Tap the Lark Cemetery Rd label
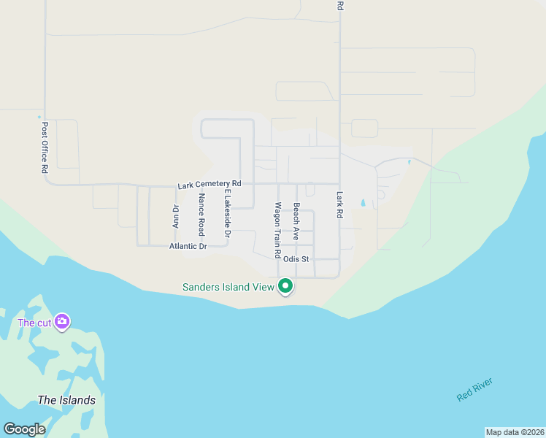click(209, 185)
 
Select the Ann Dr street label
click(175, 217)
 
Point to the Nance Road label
click(201, 215)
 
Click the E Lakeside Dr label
click(227, 215)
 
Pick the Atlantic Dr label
click(188, 247)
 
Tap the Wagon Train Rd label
click(277, 231)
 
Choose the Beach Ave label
click(296, 222)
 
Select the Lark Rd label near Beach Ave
click(339, 205)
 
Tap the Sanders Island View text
click(228, 287)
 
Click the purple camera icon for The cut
click(62, 321)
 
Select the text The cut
click(34, 323)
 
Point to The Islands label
click(66, 400)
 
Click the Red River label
click(474, 389)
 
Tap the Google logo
click(24, 429)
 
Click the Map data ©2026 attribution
click(515, 432)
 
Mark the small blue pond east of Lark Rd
click(363, 204)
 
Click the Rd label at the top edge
click(339, 5)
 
